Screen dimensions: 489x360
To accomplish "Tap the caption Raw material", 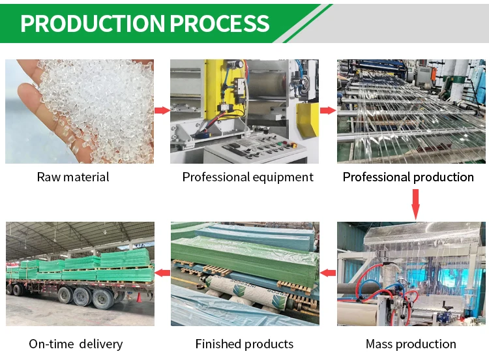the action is (x=73, y=177).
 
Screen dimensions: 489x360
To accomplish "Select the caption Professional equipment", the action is (x=248, y=177).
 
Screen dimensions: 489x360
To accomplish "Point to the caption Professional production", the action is (x=408, y=177).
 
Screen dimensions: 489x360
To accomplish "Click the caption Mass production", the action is (x=411, y=344).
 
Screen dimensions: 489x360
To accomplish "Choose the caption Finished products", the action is (x=244, y=344).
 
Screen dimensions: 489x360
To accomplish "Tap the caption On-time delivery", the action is (x=76, y=344).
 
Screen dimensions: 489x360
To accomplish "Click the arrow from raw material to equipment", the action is (x=162, y=111).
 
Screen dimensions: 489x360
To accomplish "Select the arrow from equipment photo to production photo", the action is (x=328, y=110).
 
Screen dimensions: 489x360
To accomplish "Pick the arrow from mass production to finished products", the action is (x=329, y=273).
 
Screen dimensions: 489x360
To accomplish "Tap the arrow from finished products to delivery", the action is (x=162, y=273).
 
